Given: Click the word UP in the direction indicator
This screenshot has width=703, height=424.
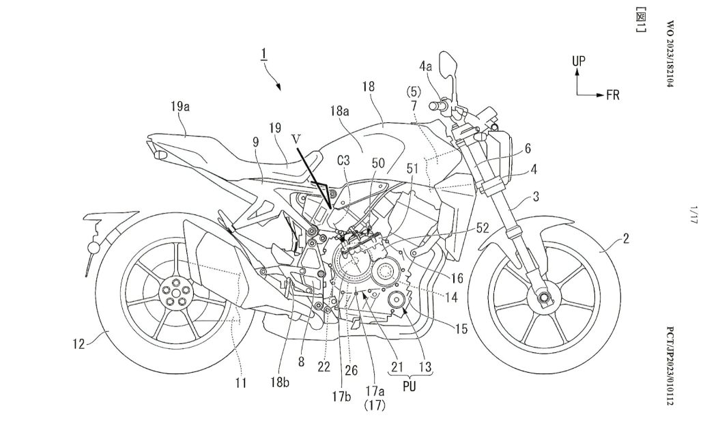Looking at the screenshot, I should click(x=579, y=61).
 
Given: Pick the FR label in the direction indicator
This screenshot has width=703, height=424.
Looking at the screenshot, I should click(x=612, y=94).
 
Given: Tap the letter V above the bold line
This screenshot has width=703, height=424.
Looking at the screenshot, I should click(x=296, y=137).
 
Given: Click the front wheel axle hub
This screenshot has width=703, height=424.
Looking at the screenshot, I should click(x=544, y=297).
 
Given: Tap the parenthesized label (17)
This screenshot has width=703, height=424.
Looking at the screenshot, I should click(x=375, y=405).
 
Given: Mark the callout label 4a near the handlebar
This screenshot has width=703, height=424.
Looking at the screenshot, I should click(x=425, y=68).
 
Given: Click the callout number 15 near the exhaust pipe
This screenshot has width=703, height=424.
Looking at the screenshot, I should click(x=461, y=329).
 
